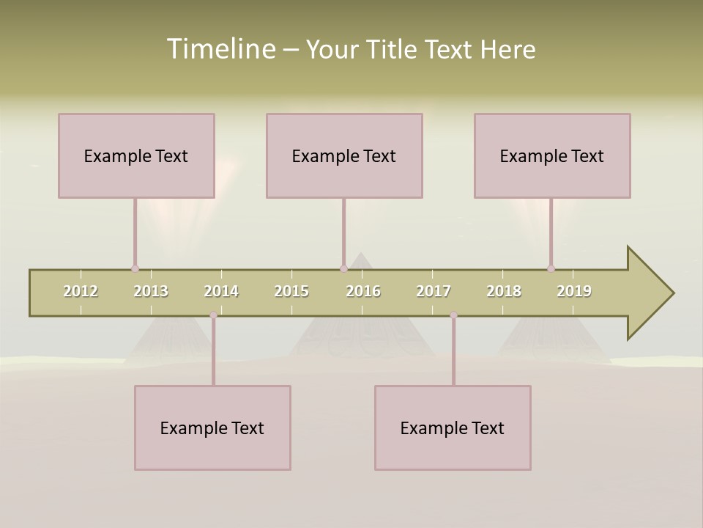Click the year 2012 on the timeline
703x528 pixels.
point(81,291)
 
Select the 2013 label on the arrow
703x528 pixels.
point(151,291)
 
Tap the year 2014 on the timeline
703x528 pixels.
point(221,291)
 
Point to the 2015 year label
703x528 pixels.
point(291,291)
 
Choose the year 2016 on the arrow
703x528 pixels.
point(363,291)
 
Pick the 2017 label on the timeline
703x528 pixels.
point(434,291)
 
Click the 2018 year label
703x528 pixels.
point(504,291)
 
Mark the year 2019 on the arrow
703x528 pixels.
point(574,291)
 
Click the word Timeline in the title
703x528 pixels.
point(220,49)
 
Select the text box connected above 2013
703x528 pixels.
point(136,155)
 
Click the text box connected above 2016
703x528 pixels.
point(344,155)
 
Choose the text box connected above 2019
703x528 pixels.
point(552,155)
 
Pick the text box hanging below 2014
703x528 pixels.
point(212,428)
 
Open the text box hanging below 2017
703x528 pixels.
point(453,428)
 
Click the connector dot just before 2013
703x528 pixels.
point(135,268)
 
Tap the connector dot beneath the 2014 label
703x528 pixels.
point(214,315)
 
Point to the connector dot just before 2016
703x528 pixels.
point(343,268)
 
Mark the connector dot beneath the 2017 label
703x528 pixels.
point(453,315)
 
